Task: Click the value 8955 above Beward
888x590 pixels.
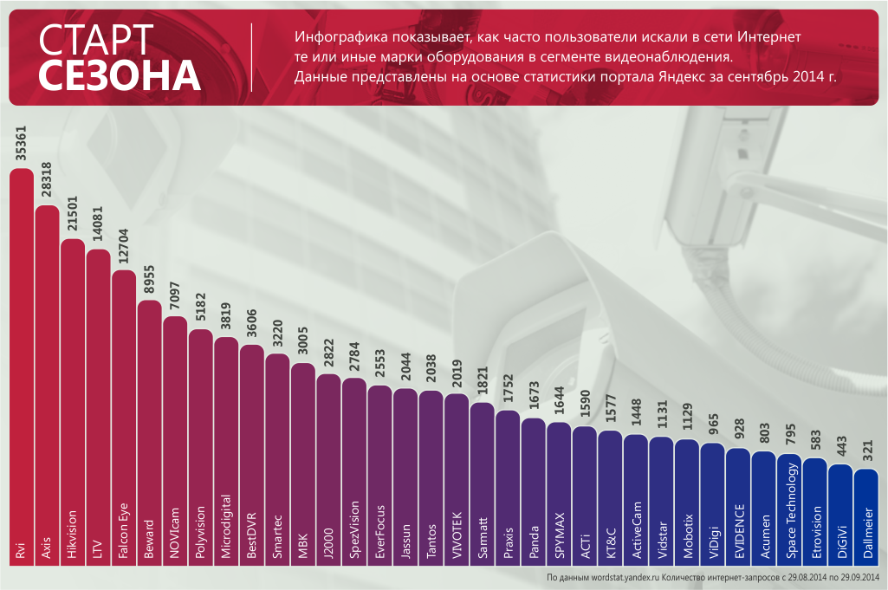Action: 150,280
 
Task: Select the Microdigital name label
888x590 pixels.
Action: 227,526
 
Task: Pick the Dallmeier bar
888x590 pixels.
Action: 866,520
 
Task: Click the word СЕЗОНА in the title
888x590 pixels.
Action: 120,76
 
